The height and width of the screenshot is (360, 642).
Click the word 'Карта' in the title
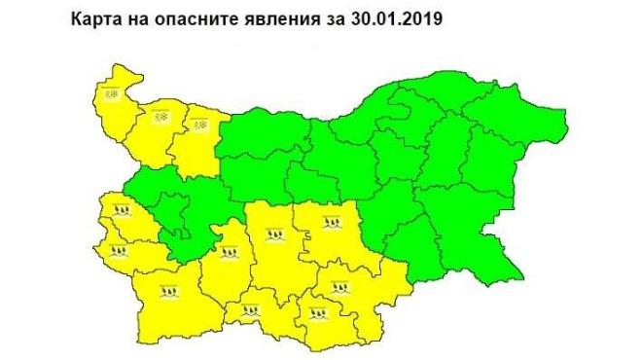coord(98,18)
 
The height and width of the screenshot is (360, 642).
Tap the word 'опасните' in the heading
coord(196,18)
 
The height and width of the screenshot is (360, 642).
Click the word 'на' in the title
coord(140,18)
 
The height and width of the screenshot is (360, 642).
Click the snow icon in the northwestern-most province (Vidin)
coord(111,93)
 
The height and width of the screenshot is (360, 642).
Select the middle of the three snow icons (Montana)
coord(161,118)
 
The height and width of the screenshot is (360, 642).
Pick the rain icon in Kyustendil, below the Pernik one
coord(120,251)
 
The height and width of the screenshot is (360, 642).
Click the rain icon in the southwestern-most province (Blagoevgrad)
coord(170,290)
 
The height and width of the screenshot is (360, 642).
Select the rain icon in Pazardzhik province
coord(231,255)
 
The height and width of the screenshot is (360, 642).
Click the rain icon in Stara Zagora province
coord(331,222)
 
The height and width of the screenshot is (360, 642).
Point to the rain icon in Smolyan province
coord(251,311)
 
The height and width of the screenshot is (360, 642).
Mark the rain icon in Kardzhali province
coord(317,313)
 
